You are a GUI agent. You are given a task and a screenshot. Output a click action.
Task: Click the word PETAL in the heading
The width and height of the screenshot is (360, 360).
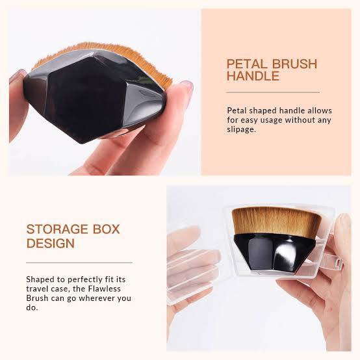point(247,64)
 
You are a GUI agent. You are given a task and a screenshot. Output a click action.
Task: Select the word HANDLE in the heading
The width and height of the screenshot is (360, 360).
point(253,76)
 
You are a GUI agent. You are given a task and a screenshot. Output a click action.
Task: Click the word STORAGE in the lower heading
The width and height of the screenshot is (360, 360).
point(57,229)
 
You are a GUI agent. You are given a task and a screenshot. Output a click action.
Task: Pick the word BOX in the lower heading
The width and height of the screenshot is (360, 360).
point(107,229)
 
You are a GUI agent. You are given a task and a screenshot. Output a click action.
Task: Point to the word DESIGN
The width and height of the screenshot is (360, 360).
point(51,244)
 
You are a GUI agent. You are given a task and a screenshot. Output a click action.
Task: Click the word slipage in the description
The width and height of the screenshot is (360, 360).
point(241,130)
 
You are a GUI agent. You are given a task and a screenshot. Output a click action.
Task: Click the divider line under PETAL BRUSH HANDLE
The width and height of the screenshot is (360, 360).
point(273,92)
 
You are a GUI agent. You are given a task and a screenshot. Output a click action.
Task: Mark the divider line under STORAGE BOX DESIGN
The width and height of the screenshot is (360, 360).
point(79,263)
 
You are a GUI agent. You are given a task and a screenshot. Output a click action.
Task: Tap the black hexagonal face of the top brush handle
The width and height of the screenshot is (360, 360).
point(85,99)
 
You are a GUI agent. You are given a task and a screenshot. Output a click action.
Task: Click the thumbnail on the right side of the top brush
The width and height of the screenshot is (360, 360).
point(188,85)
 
